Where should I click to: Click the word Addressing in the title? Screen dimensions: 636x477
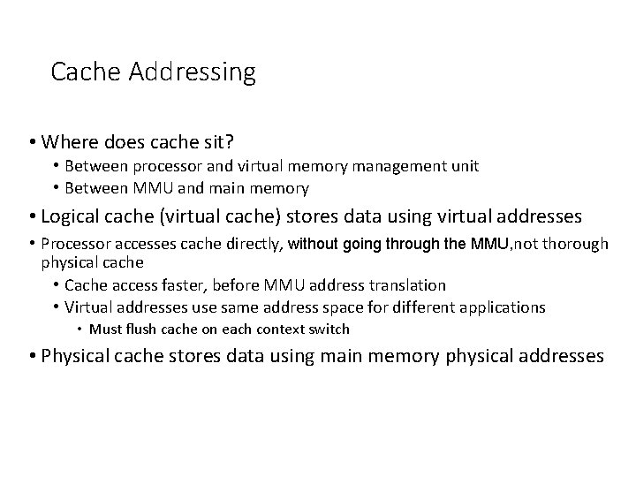coord(192,72)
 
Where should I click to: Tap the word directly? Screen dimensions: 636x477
coord(254,244)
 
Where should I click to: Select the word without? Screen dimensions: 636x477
coord(314,244)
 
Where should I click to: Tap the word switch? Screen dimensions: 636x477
coord(331,329)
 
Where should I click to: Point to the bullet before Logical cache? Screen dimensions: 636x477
coord(33,217)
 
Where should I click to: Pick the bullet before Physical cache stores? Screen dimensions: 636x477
coord(33,356)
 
